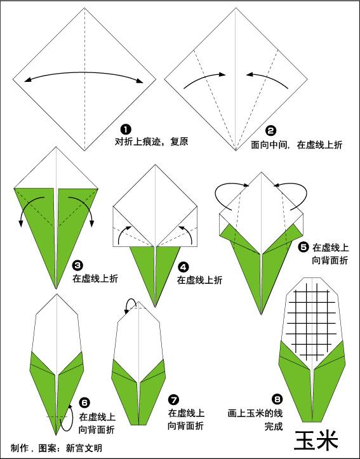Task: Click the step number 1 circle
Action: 126,130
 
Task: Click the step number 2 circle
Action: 270,131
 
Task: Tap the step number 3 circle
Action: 77,265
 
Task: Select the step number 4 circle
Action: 183,267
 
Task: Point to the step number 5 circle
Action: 303,248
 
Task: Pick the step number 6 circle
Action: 84,402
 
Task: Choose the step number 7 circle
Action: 173,399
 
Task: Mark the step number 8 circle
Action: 277,399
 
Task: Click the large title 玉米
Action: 316,440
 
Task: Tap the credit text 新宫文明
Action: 84,448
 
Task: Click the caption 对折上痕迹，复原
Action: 151,142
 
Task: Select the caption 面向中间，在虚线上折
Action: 297,145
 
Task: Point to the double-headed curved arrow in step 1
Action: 84,72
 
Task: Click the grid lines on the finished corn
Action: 312,322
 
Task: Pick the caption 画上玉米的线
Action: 255,413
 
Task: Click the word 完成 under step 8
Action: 274,426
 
